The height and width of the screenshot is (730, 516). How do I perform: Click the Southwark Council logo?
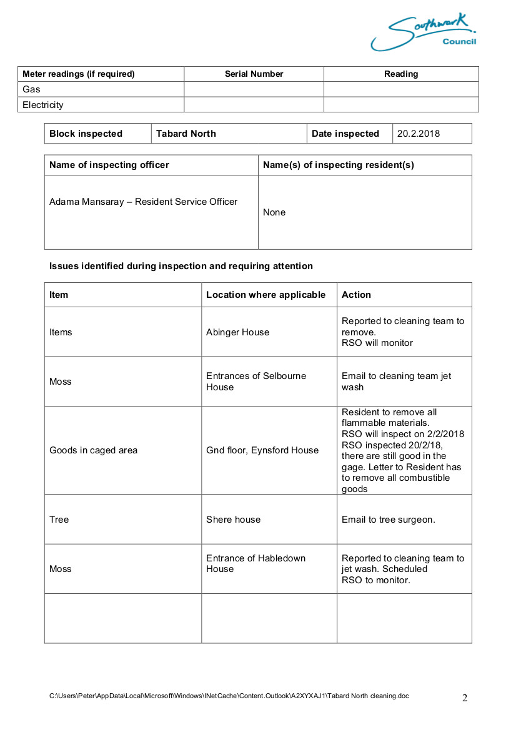click(x=424, y=32)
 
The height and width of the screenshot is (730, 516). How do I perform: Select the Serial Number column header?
click(x=254, y=74)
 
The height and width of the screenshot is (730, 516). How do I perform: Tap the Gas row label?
click(x=31, y=89)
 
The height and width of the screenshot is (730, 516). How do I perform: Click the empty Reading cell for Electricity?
click(x=400, y=105)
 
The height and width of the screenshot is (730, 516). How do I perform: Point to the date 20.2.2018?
click(x=419, y=134)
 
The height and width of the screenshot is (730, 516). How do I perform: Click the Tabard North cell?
click(x=186, y=134)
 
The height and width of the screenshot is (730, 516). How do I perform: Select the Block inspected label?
click(x=86, y=134)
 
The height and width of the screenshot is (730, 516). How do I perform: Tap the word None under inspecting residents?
click(x=274, y=212)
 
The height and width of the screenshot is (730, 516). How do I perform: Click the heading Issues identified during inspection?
click(x=181, y=266)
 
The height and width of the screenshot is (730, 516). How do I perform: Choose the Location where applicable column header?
click(x=265, y=295)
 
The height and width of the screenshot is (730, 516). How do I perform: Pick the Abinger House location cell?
click(x=237, y=332)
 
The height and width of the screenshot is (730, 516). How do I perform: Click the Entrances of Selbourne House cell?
click(x=256, y=382)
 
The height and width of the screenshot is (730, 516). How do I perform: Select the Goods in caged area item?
click(x=93, y=450)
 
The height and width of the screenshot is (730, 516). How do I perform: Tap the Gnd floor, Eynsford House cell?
click(x=262, y=450)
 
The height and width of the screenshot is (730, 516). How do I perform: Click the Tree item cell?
click(x=59, y=520)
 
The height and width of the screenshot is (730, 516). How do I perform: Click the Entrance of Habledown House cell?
click(x=256, y=563)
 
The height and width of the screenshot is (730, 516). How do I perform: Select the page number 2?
click(x=464, y=698)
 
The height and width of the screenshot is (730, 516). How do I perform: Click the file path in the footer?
click(x=229, y=696)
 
